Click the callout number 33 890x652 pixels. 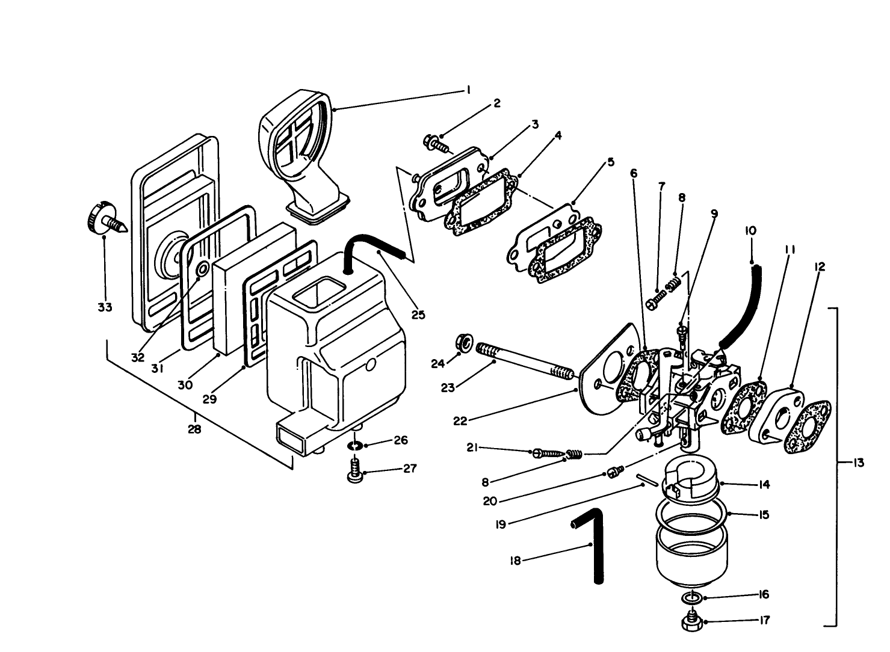[105, 307]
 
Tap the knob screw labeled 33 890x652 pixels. [105, 219]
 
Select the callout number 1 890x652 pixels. [468, 90]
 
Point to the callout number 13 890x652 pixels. [858, 463]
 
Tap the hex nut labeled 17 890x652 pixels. [691, 621]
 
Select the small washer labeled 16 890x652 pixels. [691, 598]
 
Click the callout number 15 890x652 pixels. [764, 515]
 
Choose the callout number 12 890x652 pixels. [820, 266]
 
